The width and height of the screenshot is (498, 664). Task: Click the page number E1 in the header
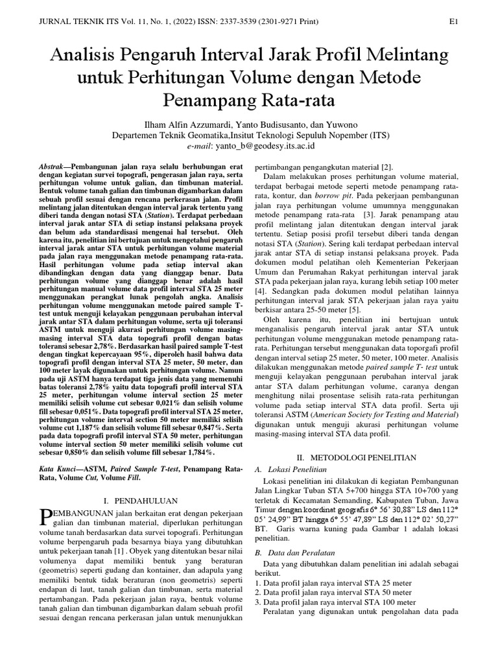pos(455,21)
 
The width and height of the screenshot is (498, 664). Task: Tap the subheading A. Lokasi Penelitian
pos(291,468)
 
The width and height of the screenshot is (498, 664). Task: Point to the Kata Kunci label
pos(58,467)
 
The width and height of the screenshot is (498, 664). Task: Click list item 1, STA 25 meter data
pos(333,583)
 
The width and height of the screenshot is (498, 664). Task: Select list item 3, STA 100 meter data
pos(335,602)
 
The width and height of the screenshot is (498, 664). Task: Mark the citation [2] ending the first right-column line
pos(386,167)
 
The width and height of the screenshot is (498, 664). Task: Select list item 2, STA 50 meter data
pos(333,593)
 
